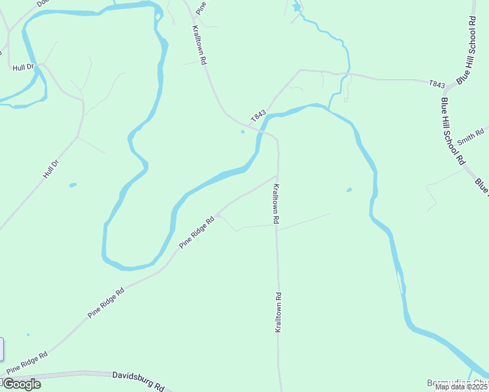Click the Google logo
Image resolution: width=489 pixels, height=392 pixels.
22,384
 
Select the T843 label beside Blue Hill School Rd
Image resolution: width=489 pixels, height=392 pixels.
437,84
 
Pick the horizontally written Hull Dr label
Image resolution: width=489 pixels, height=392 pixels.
22,67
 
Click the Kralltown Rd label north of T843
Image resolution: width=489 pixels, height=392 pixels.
199,44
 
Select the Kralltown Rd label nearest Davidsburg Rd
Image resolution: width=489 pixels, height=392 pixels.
278,313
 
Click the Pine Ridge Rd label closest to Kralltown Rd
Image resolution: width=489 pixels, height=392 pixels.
197,233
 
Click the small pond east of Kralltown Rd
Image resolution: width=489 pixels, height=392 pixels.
348,190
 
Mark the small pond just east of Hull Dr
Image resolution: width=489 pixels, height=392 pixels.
72,185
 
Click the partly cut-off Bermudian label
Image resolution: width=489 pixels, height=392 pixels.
457,383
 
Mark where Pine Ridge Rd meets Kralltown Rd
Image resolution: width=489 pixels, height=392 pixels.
277,175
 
